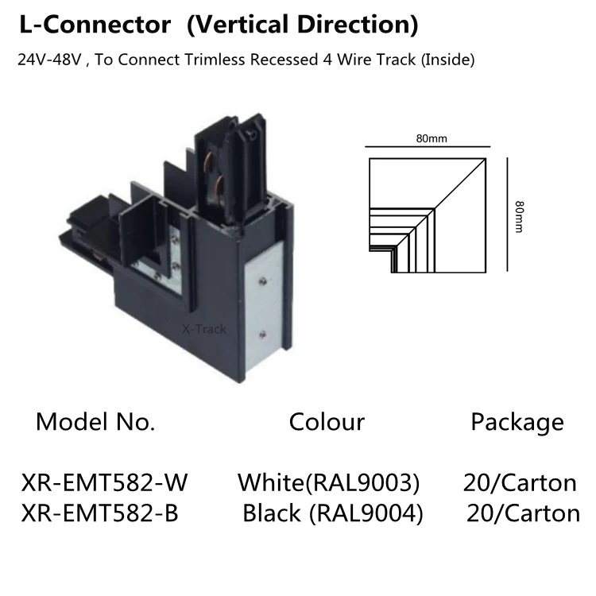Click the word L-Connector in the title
[x=95, y=25]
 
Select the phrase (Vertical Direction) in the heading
[x=303, y=25]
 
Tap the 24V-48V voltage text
[x=49, y=60]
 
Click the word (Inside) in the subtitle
[x=447, y=60]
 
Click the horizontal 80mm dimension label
[x=432, y=138]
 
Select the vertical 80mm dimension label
[x=519, y=217]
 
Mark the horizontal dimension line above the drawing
[x=428, y=146]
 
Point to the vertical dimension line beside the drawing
[x=508, y=215]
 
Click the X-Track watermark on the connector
[x=204, y=329]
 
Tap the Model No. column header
[x=95, y=421]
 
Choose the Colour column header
[x=327, y=422]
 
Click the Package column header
[x=517, y=423]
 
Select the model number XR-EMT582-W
[x=105, y=482]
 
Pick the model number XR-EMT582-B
[x=99, y=513]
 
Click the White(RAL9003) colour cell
[x=329, y=483]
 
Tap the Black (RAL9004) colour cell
[x=333, y=513]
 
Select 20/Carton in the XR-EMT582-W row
[x=520, y=482]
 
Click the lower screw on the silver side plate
[x=262, y=335]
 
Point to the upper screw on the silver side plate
[x=262, y=281]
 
